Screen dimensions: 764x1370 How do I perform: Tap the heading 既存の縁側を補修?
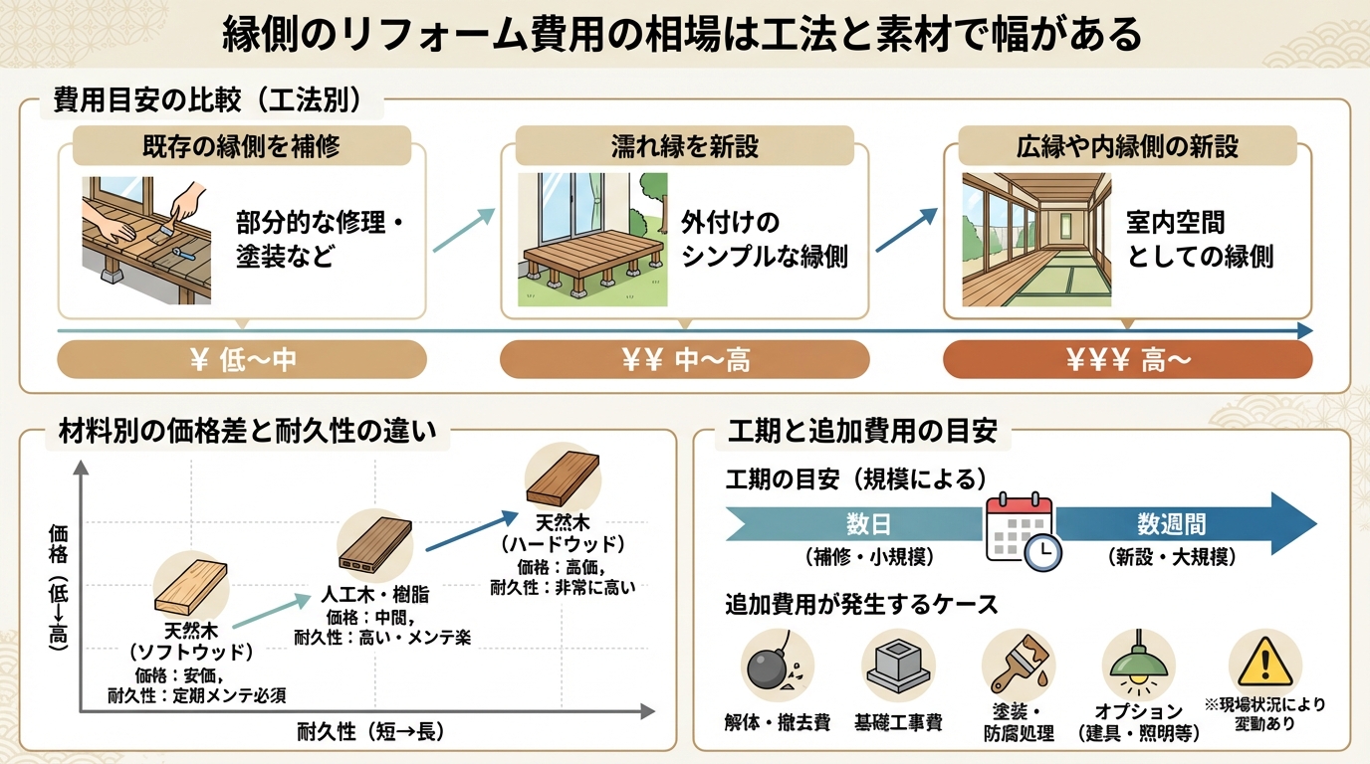[x=242, y=146]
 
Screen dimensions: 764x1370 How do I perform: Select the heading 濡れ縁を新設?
[x=684, y=146]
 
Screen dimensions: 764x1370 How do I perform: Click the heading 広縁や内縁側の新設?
[x=1127, y=146]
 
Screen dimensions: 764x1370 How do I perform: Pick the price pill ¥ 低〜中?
[x=242, y=360]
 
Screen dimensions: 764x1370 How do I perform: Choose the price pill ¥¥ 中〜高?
[x=684, y=360]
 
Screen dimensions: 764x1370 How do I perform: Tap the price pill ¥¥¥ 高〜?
[x=1127, y=360]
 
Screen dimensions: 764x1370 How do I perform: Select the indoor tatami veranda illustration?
[x=1035, y=239]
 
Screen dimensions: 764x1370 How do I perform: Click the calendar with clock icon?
[x=1022, y=531]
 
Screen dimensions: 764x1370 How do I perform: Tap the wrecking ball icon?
[x=777, y=666]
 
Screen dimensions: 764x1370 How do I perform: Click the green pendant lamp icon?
[x=1140, y=666]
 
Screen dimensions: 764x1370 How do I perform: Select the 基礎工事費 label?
[x=898, y=722]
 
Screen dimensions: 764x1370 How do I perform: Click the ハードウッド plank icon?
[x=563, y=478]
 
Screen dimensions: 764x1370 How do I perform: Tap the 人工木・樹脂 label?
[x=374, y=595]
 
